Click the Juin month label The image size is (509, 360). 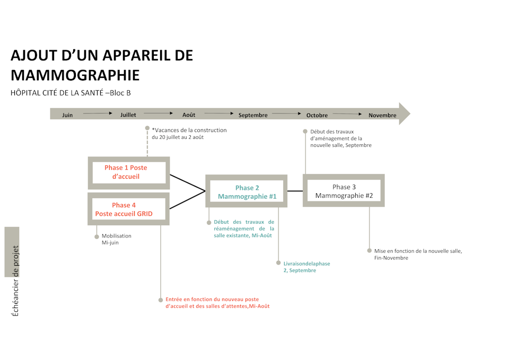click(x=67, y=115)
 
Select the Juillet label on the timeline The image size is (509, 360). click(x=128, y=115)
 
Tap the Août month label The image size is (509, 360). click(x=189, y=115)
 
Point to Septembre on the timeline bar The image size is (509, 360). click(x=253, y=115)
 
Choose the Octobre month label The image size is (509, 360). click(x=317, y=115)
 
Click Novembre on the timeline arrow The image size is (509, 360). click(x=382, y=115)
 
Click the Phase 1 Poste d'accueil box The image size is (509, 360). click(x=129, y=173)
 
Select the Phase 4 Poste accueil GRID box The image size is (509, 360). click(x=128, y=209)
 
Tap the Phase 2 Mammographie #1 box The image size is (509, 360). click(x=247, y=191)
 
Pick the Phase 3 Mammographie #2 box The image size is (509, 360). click(x=344, y=190)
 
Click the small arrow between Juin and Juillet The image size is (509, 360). click(x=98, y=113)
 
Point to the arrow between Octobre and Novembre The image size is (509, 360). click(x=347, y=113)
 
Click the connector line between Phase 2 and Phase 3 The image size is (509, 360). click(x=295, y=191)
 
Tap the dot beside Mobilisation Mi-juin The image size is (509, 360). click(x=96, y=236)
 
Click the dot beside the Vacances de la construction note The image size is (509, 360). click(x=147, y=128)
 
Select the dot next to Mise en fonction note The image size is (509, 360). click(x=370, y=251)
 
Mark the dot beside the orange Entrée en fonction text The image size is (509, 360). click(x=161, y=300)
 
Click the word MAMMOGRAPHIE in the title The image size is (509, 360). click(x=75, y=75)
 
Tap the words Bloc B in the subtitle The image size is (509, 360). click(x=120, y=93)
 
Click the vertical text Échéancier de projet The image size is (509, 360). click(x=15, y=281)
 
